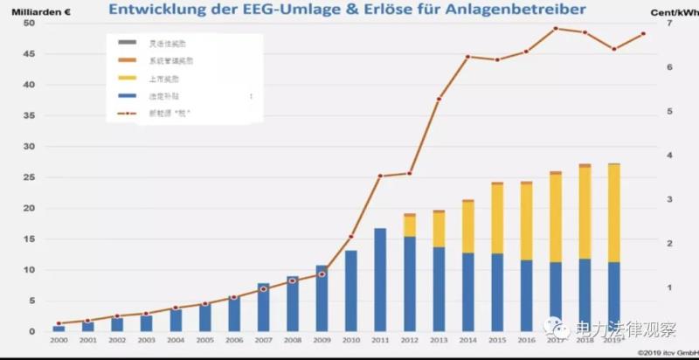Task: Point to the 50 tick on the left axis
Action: click(29, 23)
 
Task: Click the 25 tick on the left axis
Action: click(29, 177)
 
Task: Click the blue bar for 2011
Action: click(380, 280)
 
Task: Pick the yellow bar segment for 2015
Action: click(497, 218)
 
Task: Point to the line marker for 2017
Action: click(556, 28)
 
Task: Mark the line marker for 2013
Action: click(439, 99)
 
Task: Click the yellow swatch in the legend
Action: click(127, 79)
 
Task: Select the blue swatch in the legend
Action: click(127, 96)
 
